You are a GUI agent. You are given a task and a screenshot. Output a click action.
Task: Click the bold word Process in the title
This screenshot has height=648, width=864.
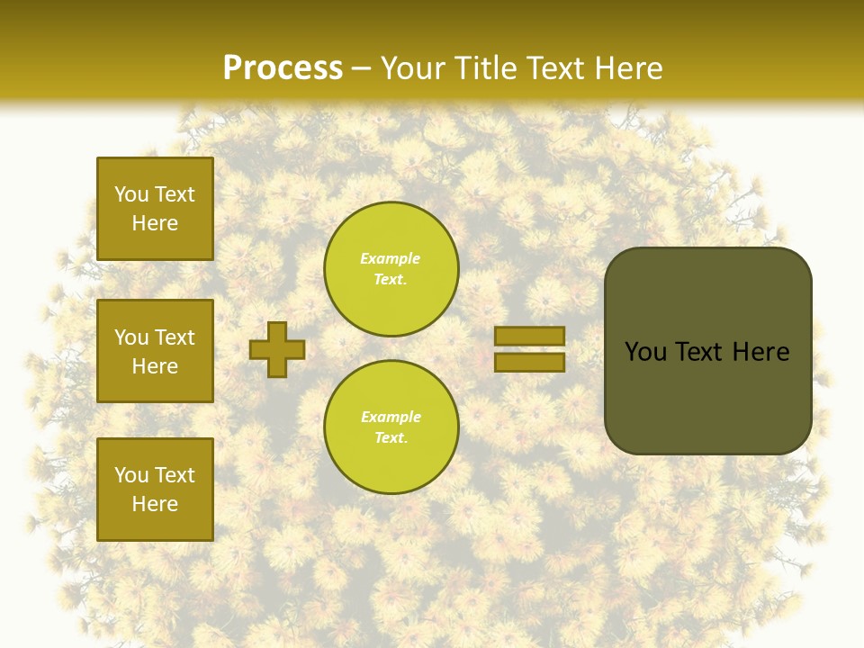[x=283, y=68]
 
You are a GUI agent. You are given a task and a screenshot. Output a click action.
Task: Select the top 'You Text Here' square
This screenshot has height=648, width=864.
[x=155, y=209]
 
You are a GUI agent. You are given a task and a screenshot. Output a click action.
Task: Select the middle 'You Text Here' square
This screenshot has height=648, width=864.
[x=155, y=351]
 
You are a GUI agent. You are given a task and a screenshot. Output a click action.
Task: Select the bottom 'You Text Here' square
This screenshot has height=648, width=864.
[x=155, y=489]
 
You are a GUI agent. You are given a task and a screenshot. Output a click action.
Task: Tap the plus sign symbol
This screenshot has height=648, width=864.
[x=277, y=349]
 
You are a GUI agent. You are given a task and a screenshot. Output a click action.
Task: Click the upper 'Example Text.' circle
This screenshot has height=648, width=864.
[x=391, y=269]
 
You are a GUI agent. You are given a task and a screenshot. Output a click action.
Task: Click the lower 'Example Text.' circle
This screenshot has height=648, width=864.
[x=391, y=427]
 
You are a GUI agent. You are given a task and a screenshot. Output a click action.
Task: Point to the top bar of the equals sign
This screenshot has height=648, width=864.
[x=529, y=337]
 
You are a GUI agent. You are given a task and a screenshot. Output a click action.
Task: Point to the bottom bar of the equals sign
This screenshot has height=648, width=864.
[x=529, y=363]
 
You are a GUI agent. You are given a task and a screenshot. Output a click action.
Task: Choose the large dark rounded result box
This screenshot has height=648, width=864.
[x=707, y=396]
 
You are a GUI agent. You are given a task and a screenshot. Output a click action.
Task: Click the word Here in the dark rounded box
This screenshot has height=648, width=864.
[x=760, y=352]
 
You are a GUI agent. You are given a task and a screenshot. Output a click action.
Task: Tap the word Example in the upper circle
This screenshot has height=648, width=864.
[x=391, y=259]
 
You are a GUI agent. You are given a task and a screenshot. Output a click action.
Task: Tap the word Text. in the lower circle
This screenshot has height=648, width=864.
[x=391, y=438]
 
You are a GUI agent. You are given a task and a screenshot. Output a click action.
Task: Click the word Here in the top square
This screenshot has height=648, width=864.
[x=155, y=223]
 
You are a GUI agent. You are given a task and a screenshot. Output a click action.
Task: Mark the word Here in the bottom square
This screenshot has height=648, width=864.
[x=155, y=504]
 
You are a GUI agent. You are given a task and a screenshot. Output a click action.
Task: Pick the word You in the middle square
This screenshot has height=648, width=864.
[x=130, y=337]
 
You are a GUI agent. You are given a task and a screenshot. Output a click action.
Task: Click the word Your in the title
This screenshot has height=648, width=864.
[x=413, y=68]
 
